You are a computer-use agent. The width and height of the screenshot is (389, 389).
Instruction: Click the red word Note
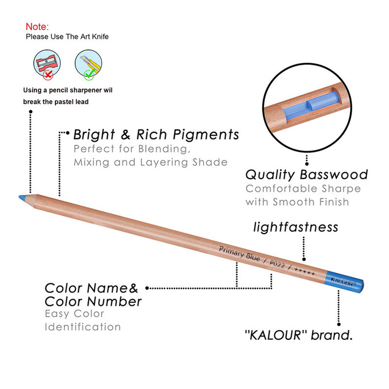[37, 26]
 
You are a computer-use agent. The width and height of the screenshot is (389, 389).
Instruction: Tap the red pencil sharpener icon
[47, 63]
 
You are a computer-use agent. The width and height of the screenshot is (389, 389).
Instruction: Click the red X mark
[48, 74]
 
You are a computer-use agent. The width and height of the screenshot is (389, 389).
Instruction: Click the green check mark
[89, 74]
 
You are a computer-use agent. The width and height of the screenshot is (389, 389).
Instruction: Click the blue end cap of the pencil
[345, 282]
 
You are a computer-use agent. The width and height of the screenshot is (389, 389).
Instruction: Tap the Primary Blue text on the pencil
[240, 254]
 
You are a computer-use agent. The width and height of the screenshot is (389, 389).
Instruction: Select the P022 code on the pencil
[277, 264]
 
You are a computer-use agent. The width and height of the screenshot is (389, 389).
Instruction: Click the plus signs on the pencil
[304, 271]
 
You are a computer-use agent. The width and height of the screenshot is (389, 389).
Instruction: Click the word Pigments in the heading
[206, 135]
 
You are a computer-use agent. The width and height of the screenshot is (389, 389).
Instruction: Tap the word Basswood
[334, 174]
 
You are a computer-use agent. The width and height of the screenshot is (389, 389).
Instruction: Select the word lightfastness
[296, 227]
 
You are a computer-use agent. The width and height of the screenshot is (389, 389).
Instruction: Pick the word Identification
[82, 327]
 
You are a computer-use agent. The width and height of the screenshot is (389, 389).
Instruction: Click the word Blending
[164, 149]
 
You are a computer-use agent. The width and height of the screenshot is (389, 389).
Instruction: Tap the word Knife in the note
[100, 36]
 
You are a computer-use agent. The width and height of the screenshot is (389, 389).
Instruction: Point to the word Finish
[334, 202]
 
